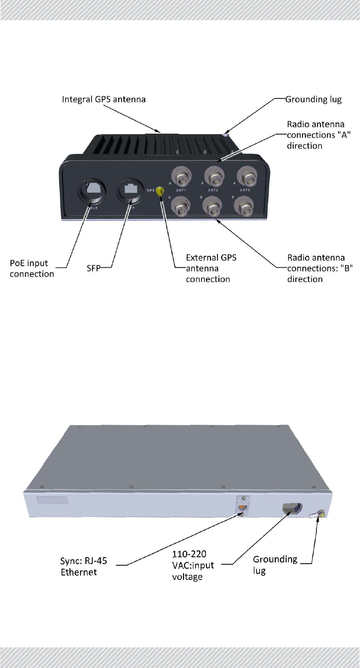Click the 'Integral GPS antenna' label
(104, 99)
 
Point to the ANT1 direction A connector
(182, 177)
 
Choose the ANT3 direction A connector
(247, 177)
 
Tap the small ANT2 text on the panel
(213, 190)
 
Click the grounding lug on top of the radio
(225, 135)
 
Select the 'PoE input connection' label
(32, 269)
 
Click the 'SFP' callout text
(93, 269)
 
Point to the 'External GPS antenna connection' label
(210, 269)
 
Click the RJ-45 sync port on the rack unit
(242, 508)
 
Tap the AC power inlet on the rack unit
(292, 509)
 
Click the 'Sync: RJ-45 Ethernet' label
(83, 566)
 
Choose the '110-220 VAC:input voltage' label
(193, 565)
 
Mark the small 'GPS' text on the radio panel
(150, 190)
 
